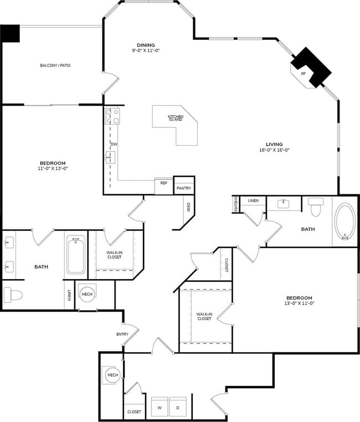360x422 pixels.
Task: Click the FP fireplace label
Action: coord(303,74)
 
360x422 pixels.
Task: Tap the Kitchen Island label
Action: coord(175,118)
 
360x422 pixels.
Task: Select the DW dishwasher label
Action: coord(114,144)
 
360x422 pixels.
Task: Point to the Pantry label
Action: coord(184,188)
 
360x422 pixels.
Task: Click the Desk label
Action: coord(188,207)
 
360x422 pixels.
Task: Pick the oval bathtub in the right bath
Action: coord(345,221)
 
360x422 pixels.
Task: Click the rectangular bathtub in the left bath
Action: coord(76,255)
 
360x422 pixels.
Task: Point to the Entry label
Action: coord(122,334)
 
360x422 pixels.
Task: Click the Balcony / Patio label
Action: coord(55,65)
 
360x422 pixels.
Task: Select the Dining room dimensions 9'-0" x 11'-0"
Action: coord(146,50)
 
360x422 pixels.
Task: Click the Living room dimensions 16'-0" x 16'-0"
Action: coord(274,150)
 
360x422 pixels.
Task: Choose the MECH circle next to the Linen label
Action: coord(87,294)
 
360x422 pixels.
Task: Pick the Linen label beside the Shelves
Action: coord(253,200)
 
